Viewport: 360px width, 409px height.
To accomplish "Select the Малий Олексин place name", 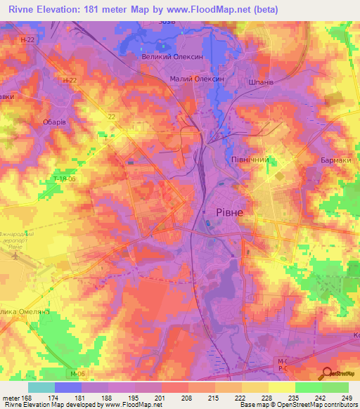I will pyautogui.click(x=197, y=79).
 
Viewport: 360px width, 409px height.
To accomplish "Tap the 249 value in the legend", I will pyautogui.click(x=348, y=397).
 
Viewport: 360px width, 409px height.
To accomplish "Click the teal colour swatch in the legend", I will pyautogui.click(x=41, y=387).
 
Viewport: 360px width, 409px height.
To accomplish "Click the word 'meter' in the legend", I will pyautogui.click(x=10, y=397).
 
